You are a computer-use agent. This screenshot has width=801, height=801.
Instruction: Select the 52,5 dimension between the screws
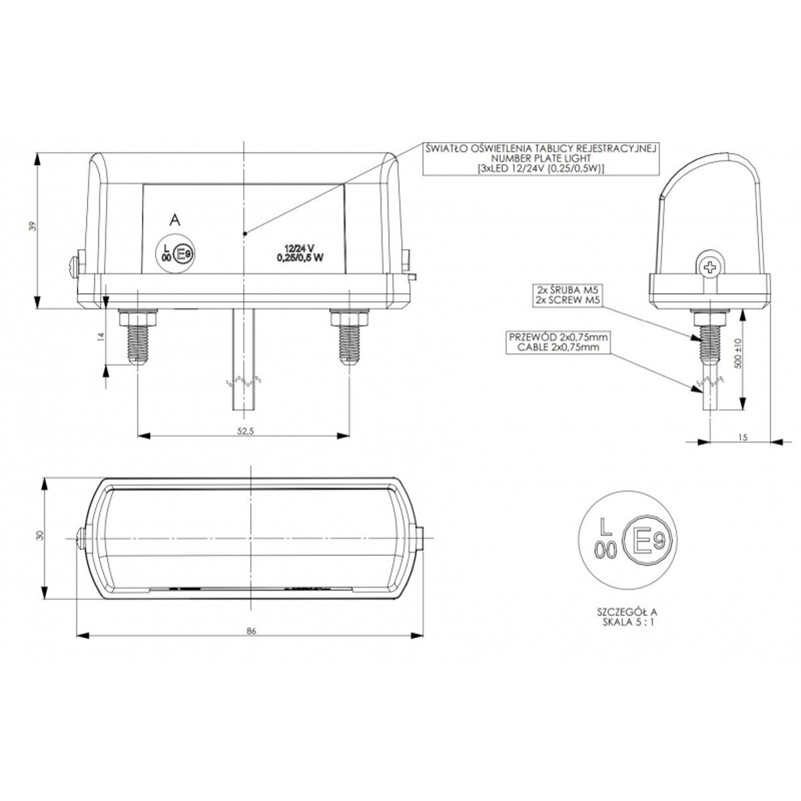coord(245,431)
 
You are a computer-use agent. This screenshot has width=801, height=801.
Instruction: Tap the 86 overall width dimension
coord(251,643)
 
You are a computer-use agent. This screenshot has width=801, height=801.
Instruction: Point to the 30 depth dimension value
coord(40,535)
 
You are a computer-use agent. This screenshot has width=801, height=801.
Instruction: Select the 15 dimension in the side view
coord(743,437)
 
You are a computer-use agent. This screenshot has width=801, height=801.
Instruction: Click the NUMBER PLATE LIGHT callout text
coord(541,158)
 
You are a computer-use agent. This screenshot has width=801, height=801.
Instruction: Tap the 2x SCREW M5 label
coord(567,300)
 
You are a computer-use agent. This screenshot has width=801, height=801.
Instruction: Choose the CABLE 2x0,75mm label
coord(558,347)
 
